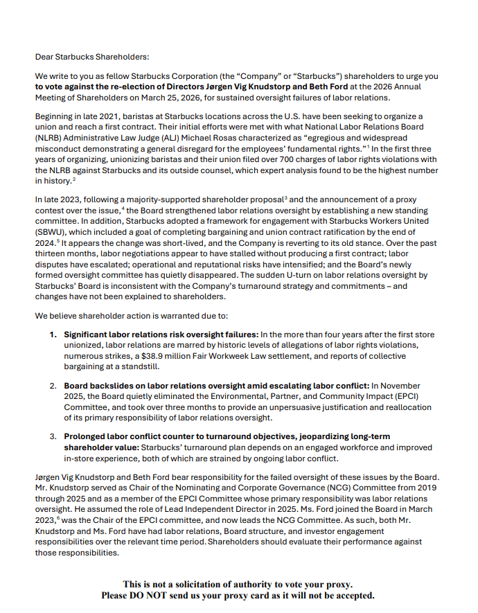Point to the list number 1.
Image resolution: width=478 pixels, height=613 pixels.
click(x=53, y=335)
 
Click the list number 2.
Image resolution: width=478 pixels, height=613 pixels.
click(x=53, y=385)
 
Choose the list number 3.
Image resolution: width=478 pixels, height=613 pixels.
click(x=53, y=436)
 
